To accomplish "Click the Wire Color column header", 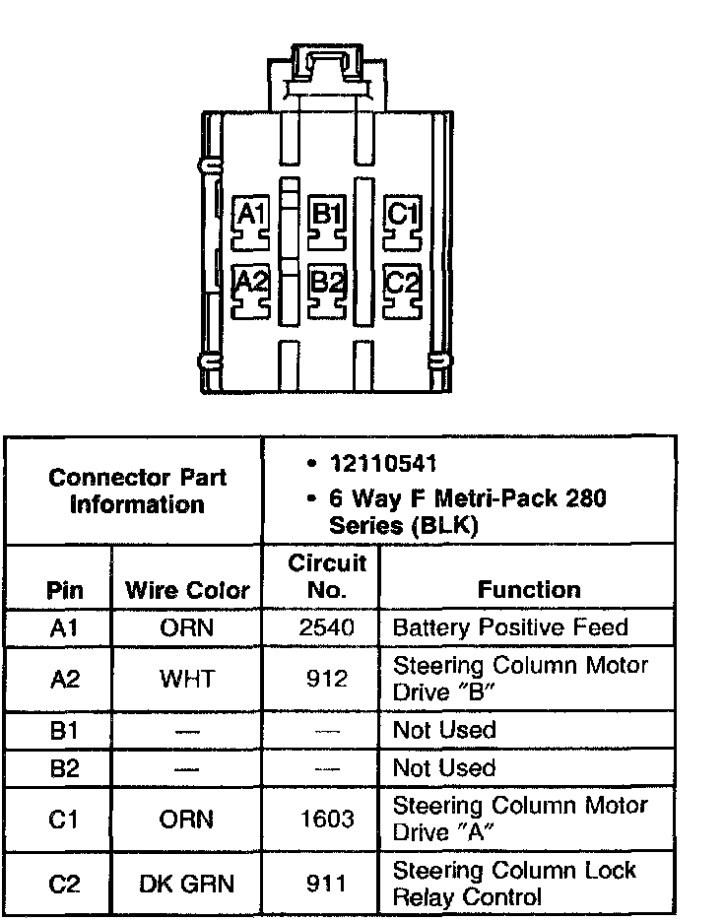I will coord(187,590).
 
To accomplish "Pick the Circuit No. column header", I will coord(326,576).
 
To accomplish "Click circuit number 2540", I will coord(326,627).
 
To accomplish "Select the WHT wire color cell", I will coord(187,679).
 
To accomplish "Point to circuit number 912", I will coord(326,679).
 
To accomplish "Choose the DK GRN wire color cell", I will coord(187,884).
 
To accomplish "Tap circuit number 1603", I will coord(326,819).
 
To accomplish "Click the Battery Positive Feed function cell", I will coord(509,627).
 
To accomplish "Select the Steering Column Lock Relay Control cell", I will coord(514,884).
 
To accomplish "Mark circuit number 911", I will coord(326,884).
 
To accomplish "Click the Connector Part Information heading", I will coord(137,491).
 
